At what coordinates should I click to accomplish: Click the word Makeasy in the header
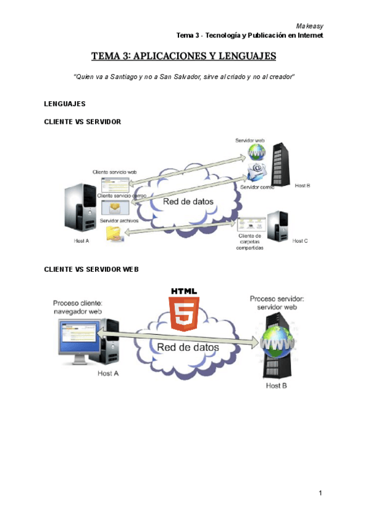[x=309, y=26]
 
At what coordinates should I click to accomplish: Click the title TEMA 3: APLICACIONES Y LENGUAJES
[x=184, y=57]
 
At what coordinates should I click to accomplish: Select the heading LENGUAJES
[x=65, y=103]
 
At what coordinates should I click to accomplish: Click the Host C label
[x=300, y=241]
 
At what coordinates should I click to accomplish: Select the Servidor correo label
[x=257, y=187]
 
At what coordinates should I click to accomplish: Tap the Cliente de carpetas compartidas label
[x=250, y=242]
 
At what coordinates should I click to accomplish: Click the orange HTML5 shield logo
[x=183, y=313]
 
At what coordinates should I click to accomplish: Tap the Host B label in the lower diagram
[x=275, y=386]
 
